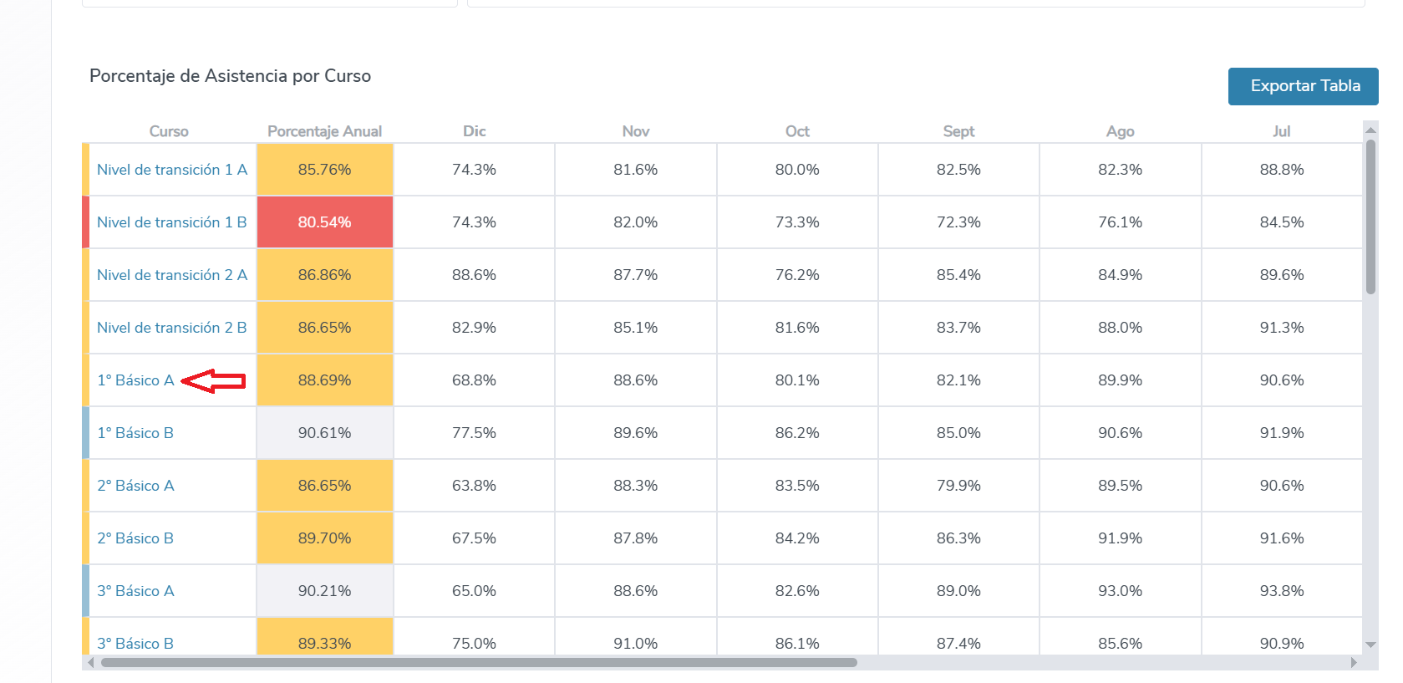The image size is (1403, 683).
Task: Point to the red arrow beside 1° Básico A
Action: click(x=214, y=381)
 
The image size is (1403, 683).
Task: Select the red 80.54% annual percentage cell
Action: click(x=324, y=222)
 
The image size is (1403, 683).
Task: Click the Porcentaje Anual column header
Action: click(x=324, y=131)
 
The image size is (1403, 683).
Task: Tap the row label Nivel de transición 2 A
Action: click(x=171, y=275)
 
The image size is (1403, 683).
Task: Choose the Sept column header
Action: click(x=958, y=131)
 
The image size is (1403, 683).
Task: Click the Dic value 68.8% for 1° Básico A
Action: click(x=474, y=380)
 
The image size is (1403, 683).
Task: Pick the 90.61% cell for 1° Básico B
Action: click(x=324, y=433)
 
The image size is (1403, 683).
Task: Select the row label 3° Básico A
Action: click(x=135, y=591)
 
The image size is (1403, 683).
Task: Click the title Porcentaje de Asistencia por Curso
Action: click(x=230, y=76)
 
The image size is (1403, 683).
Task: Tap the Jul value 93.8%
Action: click(x=1281, y=591)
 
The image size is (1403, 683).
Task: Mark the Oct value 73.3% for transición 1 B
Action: click(x=796, y=222)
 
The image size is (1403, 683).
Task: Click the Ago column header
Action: click(x=1120, y=131)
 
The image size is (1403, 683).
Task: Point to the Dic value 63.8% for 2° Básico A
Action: click(x=474, y=486)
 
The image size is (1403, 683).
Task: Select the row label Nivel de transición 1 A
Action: click(x=171, y=170)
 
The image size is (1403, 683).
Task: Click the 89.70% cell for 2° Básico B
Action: click(x=324, y=538)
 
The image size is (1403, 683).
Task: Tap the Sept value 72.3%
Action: click(x=958, y=222)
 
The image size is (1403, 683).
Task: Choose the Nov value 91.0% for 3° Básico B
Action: click(x=635, y=643)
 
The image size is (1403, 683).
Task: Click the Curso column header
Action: click(x=169, y=131)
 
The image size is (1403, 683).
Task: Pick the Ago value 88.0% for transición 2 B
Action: click(x=1120, y=328)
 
